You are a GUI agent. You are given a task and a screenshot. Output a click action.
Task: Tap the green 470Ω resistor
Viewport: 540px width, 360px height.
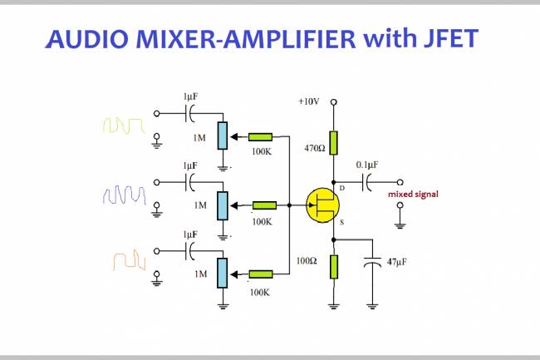point(333,142)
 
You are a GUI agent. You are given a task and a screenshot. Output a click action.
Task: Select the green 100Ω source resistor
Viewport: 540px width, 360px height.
point(333,266)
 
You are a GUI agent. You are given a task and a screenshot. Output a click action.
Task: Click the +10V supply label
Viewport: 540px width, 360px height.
point(308,101)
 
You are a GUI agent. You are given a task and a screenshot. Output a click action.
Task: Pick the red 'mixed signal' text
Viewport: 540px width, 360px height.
point(413,195)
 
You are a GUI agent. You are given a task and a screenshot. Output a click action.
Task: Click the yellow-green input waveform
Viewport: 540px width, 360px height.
point(124,125)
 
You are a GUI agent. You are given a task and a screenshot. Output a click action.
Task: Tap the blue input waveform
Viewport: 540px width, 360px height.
point(124,196)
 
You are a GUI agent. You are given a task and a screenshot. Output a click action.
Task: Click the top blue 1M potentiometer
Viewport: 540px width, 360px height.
point(222,135)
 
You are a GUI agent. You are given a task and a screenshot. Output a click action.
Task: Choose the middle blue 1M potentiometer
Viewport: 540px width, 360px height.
point(222,204)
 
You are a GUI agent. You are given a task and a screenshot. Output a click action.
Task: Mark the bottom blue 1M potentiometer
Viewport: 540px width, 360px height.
point(222,272)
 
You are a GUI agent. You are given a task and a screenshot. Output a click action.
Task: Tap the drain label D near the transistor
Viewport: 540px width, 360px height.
point(341,176)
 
